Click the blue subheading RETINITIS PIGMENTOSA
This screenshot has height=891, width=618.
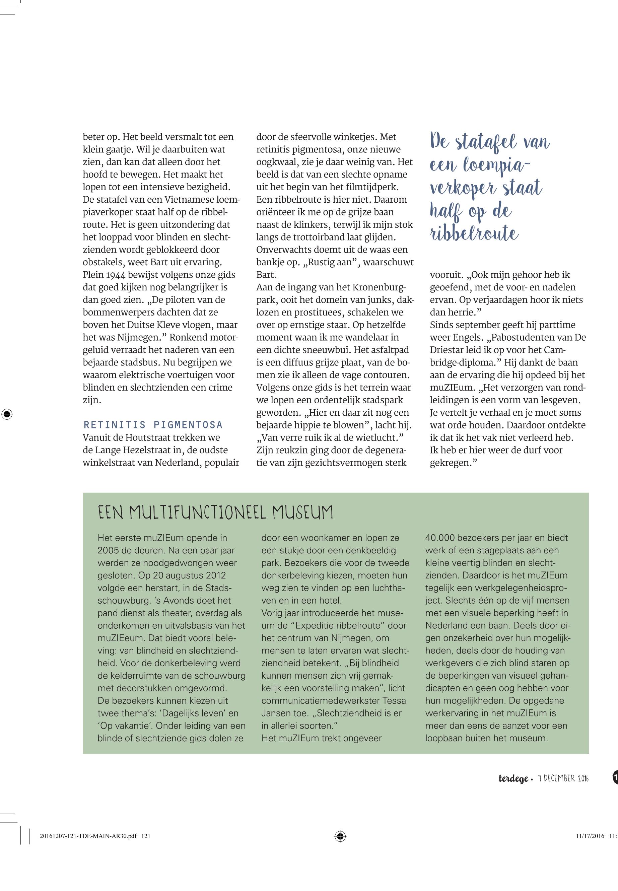(153, 425)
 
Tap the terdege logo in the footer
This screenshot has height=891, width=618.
(513, 778)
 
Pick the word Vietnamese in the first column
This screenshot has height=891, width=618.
(182, 200)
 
